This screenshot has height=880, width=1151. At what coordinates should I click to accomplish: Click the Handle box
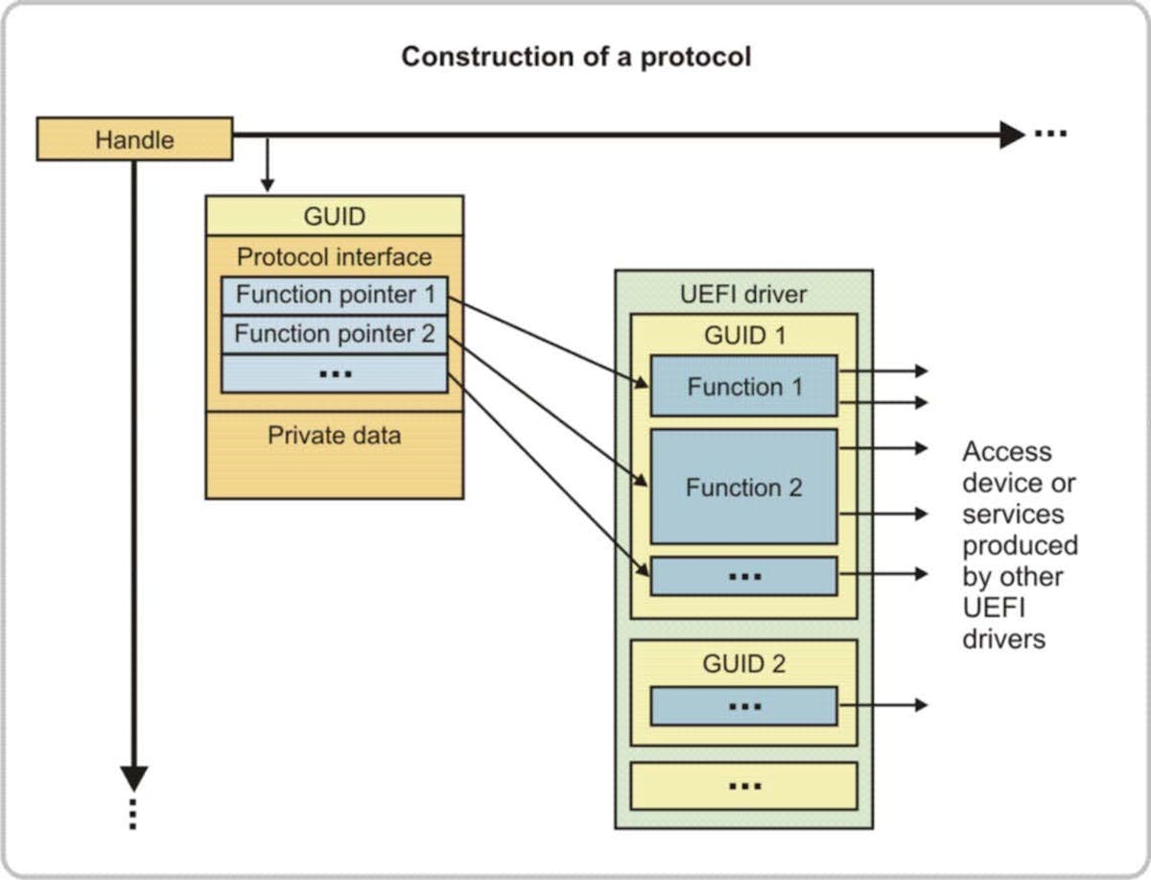[134, 139]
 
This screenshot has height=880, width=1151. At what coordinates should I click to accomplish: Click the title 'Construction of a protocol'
[575, 57]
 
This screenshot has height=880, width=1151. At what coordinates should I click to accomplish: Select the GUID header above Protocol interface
[334, 216]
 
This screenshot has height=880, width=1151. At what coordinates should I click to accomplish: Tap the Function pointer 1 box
[334, 295]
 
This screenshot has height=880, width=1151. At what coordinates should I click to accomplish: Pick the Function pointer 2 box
[334, 334]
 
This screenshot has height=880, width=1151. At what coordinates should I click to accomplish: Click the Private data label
[334, 436]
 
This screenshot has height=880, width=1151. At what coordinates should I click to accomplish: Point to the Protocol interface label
[334, 257]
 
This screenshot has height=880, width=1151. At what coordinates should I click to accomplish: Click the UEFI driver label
[743, 294]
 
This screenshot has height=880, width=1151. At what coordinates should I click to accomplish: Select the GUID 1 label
[743, 335]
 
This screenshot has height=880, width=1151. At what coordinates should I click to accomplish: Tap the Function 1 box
[743, 387]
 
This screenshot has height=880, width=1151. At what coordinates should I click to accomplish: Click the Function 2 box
[743, 487]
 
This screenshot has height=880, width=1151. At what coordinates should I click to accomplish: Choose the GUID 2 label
[743, 663]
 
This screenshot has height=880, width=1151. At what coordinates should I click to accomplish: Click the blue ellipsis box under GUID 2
[743, 706]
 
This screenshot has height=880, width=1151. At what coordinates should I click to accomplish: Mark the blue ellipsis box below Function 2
[743, 576]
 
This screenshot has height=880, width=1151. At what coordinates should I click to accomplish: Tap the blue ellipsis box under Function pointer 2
[334, 373]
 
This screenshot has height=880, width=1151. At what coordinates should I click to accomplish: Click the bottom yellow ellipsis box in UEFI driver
[743, 786]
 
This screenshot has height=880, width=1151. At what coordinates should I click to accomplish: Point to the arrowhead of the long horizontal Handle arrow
[1011, 135]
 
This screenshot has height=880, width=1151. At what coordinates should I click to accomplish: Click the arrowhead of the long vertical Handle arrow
[135, 777]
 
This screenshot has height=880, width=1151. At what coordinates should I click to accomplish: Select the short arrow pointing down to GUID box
[268, 173]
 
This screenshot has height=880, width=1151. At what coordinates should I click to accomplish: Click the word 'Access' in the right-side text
[1007, 452]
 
